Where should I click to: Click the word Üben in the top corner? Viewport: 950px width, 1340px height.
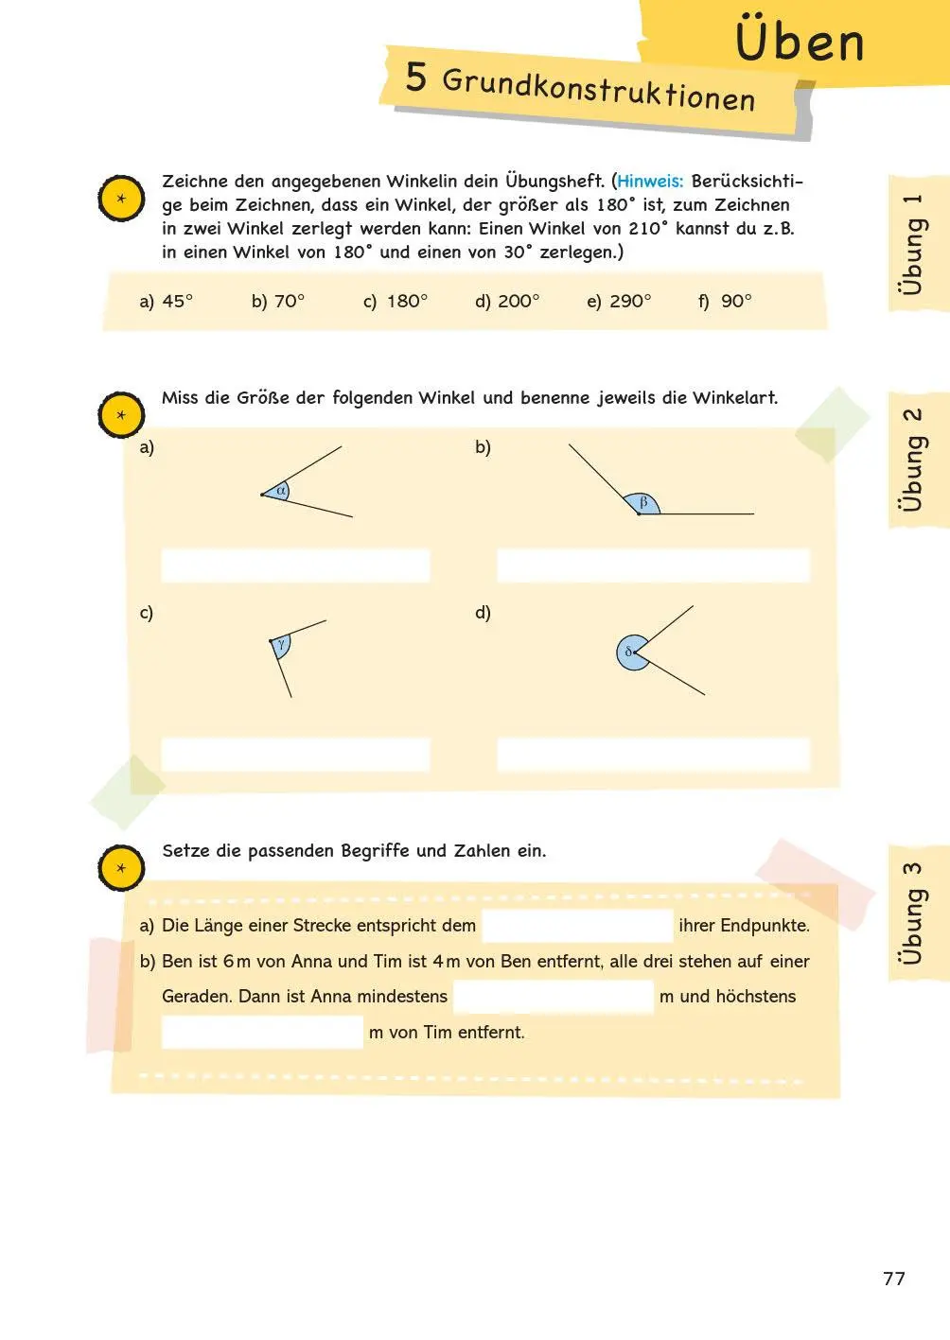point(800,42)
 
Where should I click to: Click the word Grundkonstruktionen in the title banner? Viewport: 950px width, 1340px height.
point(598,90)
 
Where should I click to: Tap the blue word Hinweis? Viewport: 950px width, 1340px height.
point(650,181)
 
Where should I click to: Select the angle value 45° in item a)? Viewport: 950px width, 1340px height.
point(177,301)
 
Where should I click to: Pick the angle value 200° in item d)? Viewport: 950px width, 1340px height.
point(519,301)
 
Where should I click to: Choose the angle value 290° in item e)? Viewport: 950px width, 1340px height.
point(630,301)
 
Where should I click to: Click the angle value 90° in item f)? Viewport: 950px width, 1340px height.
point(736,301)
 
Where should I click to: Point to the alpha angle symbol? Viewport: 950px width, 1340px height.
point(280,491)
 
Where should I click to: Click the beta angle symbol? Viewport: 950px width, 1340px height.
point(643,503)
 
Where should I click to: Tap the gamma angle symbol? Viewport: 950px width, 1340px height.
point(281,644)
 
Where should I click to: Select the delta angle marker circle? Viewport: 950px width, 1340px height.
point(630,653)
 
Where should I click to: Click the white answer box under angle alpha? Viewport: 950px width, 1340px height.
point(295,566)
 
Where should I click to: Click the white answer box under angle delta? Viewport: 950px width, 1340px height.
point(653,755)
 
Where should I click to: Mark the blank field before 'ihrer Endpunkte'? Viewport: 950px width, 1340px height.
point(577,926)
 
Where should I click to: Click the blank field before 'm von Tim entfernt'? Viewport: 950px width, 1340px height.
point(262,1032)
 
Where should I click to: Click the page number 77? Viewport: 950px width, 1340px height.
point(893,1279)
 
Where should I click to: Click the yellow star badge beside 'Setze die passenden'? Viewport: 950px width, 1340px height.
point(121,868)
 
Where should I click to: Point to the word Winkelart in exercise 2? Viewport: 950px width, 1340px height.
point(734,398)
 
